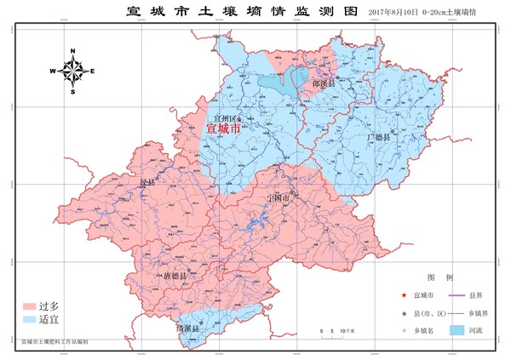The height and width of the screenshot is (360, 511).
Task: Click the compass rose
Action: coord(72,70)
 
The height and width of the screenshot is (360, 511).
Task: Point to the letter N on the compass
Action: coord(72,51)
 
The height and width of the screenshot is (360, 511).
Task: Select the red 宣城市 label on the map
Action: coord(224,129)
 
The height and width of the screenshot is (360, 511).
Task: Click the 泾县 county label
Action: coord(146,183)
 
